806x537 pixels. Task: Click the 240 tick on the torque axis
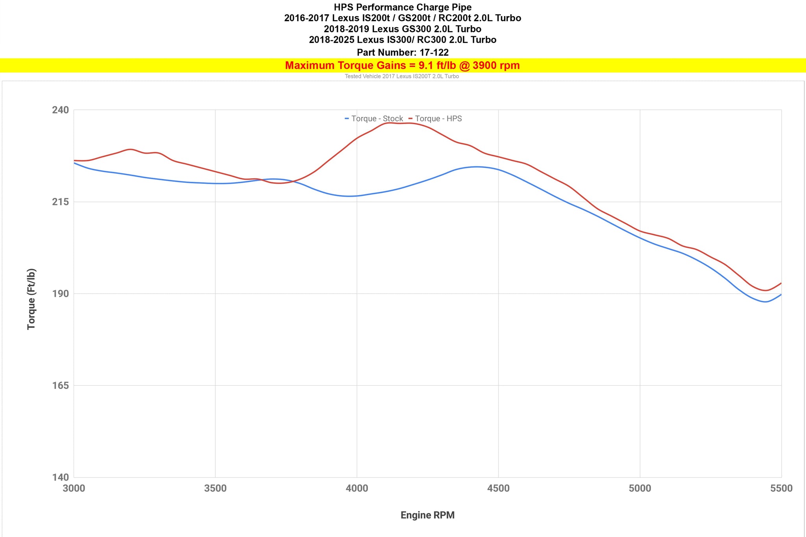pyautogui.click(x=60, y=110)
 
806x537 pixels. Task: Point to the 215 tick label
pyautogui.click(x=60, y=202)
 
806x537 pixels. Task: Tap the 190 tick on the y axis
pyautogui.click(x=60, y=294)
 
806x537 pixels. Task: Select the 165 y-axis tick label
pyautogui.click(x=60, y=386)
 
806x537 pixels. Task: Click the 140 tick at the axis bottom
pyautogui.click(x=60, y=477)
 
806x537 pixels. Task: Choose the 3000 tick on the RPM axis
pyautogui.click(x=74, y=489)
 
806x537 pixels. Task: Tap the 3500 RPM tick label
pyautogui.click(x=215, y=489)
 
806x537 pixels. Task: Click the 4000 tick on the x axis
pyautogui.click(x=357, y=489)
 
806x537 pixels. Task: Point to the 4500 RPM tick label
pyautogui.click(x=498, y=489)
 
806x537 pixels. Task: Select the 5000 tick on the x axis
pyautogui.click(x=640, y=489)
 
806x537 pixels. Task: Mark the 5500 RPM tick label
pyautogui.click(x=781, y=489)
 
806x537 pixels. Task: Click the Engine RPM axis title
pyautogui.click(x=427, y=515)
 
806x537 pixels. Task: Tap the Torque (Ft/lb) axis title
pyautogui.click(x=31, y=299)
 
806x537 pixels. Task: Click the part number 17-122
pyautogui.click(x=434, y=52)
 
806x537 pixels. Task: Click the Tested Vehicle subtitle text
pyautogui.click(x=402, y=76)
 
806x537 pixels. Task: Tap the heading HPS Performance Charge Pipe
pyautogui.click(x=403, y=7)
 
